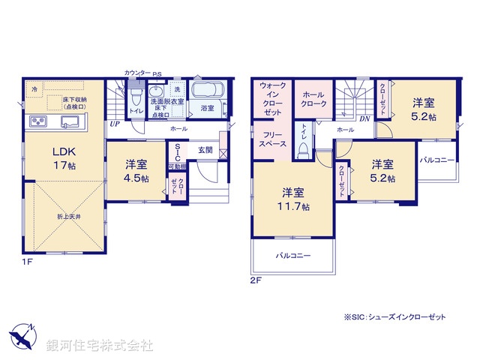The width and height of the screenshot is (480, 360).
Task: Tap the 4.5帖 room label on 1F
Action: pos(136,170)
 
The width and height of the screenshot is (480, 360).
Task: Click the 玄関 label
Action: pos(205,150)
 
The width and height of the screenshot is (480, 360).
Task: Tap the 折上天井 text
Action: pos(68,216)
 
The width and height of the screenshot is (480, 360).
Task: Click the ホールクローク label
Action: pos(313,99)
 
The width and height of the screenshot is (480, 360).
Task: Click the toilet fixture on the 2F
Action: pos(303,150)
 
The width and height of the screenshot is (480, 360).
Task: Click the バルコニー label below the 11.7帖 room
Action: pos(292,255)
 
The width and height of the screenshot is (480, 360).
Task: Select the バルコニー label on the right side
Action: pos(436,160)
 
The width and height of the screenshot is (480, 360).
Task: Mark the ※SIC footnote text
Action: pos(395,318)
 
